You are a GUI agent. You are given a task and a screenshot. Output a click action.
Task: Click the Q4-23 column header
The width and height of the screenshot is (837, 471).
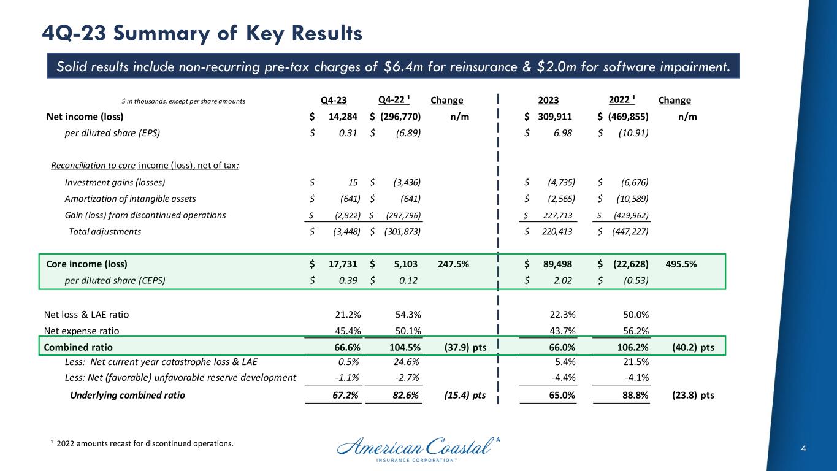pyautogui.click(x=334, y=101)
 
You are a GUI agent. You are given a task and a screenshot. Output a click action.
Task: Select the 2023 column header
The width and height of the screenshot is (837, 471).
pyautogui.click(x=550, y=101)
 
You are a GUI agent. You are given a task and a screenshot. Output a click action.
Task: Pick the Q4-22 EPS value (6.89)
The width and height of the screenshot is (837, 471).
pyautogui.click(x=408, y=133)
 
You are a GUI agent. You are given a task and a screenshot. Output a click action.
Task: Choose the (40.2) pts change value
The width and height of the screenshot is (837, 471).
pyautogui.click(x=693, y=348)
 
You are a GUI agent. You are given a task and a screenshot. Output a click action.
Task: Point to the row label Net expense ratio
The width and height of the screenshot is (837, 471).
pyautogui.click(x=82, y=331)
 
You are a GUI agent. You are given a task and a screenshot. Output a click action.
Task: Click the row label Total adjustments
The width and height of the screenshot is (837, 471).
pyautogui.click(x=104, y=231)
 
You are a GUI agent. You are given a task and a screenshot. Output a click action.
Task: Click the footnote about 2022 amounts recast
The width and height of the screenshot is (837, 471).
pyautogui.click(x=141, y=443)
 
